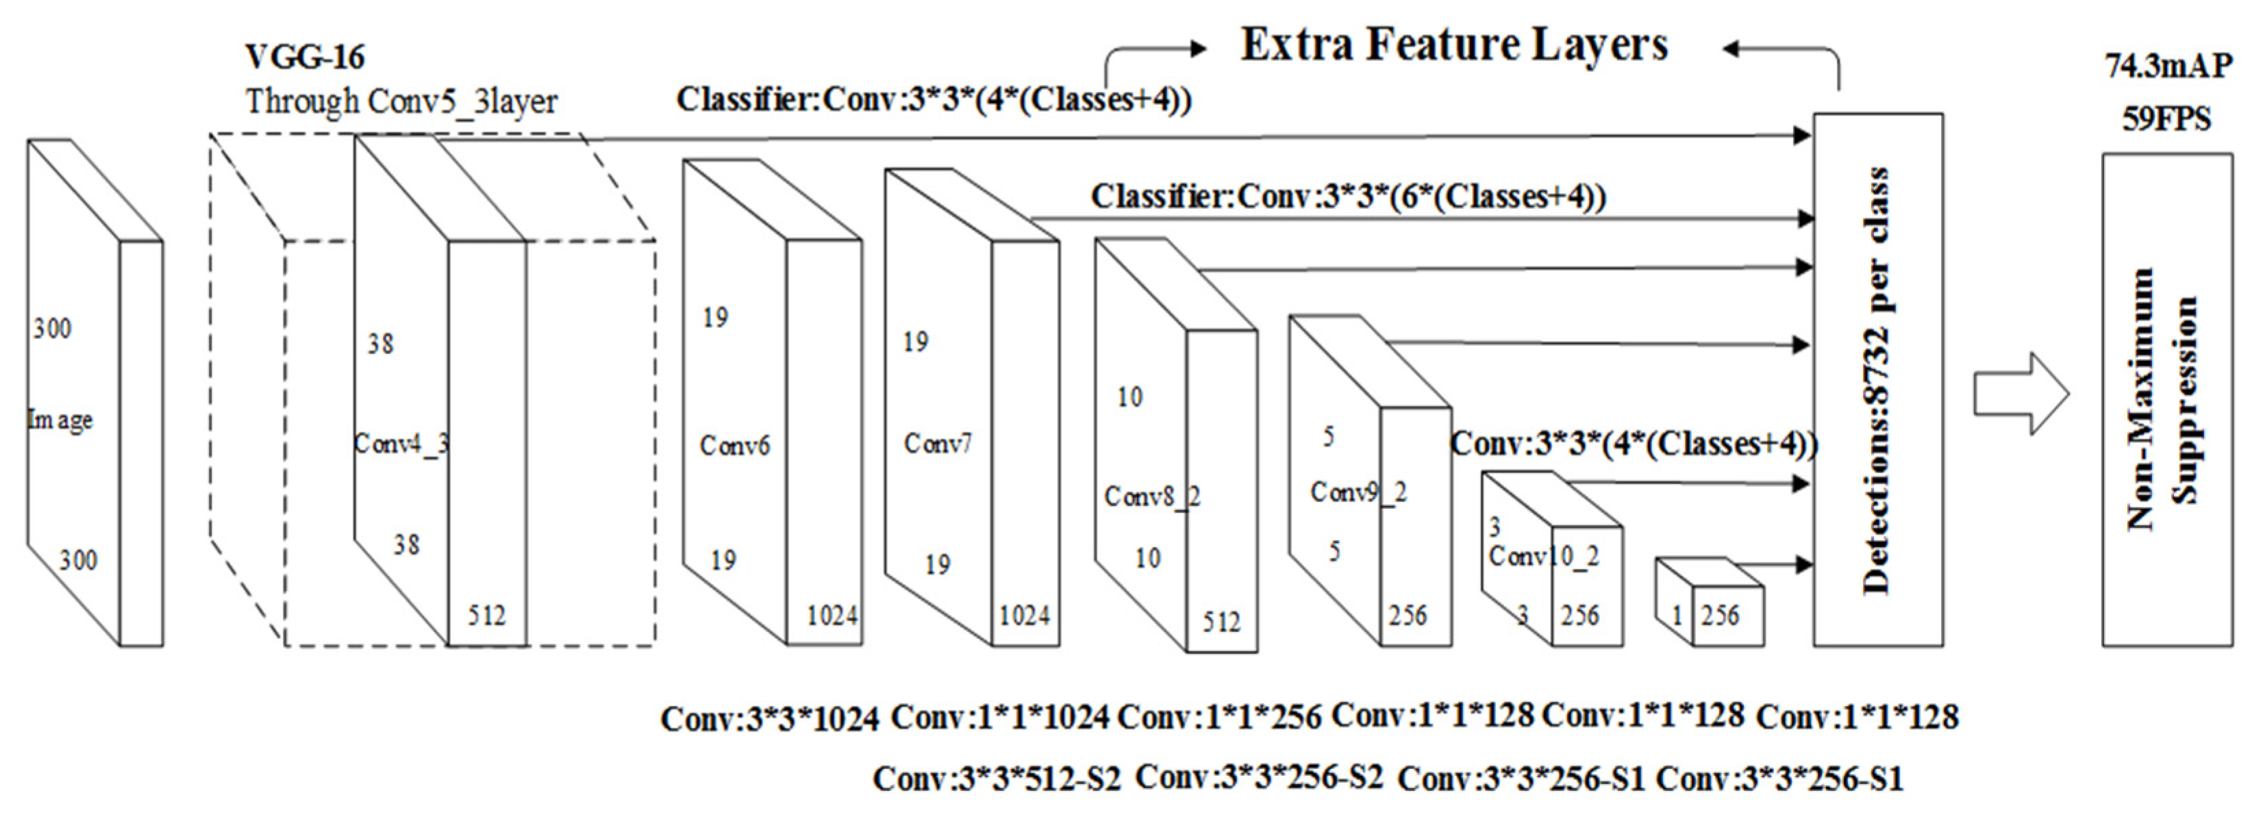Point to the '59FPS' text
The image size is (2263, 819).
click(x=2166, y=118)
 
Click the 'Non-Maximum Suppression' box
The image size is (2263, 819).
click(x=2166, y=400)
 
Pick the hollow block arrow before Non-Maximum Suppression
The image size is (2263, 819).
click(x=2021, y=394)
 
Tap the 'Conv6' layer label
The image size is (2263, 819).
click(x=734, y=446)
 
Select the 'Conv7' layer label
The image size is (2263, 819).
click(x=938, y=444)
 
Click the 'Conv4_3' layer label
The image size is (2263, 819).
click(x=401, y=444)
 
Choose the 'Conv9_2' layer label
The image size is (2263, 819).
click(x=1358, y=492)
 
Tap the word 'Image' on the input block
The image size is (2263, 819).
click(x=60, y=420)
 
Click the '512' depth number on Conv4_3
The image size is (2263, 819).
click(x=486, y=615)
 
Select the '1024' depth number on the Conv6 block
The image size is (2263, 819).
click(x=831, y=615)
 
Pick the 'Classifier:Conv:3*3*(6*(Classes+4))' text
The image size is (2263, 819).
click(x=1348, y=197)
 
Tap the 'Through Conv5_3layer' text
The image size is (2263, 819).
click(x=401, y=102)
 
